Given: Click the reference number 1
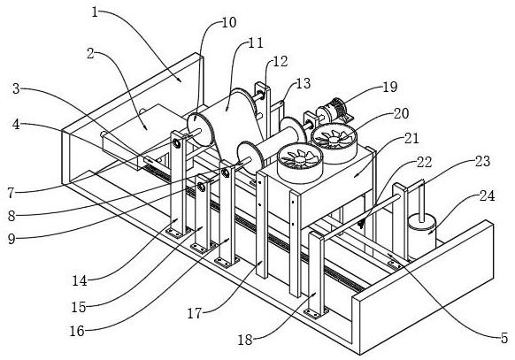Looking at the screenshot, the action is (95, 13).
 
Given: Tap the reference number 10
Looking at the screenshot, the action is (229, 23).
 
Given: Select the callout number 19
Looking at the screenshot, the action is (390, 87).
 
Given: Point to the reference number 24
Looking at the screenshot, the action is (487, 195).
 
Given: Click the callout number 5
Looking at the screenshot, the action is (504, 338).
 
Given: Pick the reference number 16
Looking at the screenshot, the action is (77, 331).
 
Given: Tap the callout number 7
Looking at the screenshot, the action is (12, 193).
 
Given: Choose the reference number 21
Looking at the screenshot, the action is (411, 139).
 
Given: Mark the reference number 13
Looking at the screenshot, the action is (303, 84).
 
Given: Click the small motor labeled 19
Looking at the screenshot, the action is (333, 111).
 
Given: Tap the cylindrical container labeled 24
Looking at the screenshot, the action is (422, 234).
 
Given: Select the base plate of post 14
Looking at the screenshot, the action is (178, 233).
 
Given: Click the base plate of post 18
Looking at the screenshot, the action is (316, 312).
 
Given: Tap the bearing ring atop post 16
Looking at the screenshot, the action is (225, 173).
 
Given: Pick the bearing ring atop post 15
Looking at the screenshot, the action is (201, 188).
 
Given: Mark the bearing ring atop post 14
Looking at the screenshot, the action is (176, 143).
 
